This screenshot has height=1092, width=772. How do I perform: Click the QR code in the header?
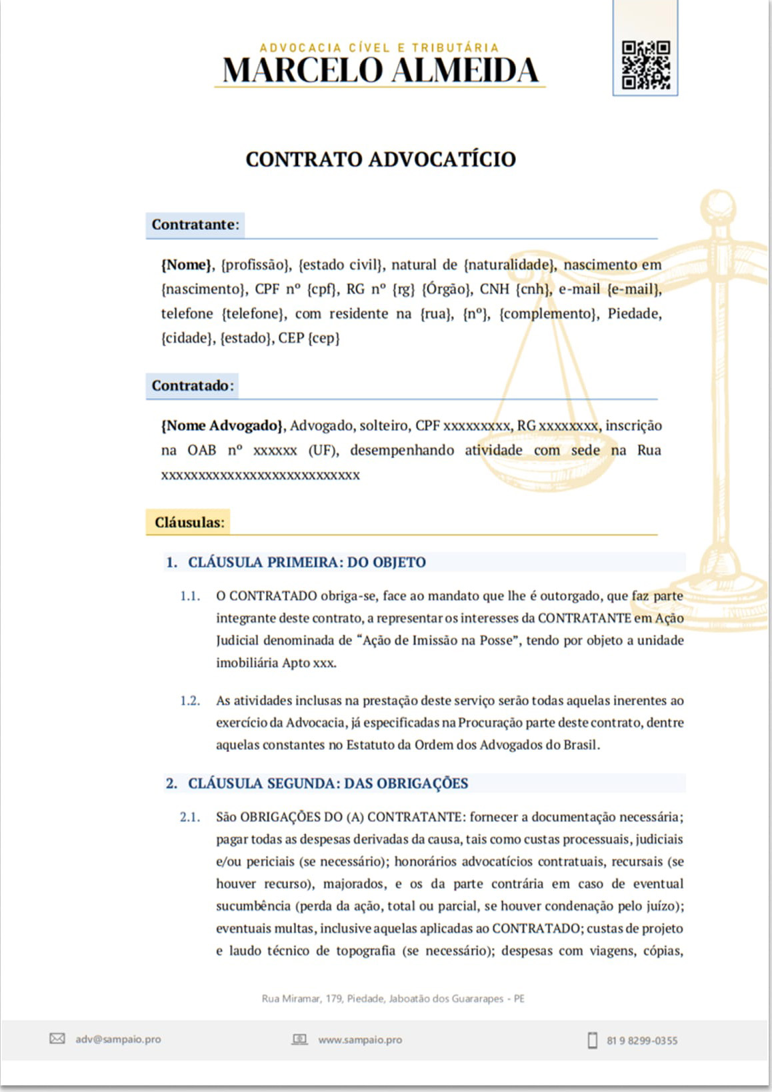[645, 65]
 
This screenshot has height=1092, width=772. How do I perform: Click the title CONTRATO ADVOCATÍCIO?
[381, 159]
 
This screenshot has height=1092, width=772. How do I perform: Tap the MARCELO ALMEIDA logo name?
[380, 71]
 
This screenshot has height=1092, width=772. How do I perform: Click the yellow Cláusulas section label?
[189, 522]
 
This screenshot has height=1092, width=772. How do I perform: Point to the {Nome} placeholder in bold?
[187, 265]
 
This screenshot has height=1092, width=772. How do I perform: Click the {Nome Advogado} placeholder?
[223, 425]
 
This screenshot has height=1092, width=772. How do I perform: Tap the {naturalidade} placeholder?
[510, 265]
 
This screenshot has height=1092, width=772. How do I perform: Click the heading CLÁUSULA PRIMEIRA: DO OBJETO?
[307, 562]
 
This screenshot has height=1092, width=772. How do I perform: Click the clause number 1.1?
[190, 596]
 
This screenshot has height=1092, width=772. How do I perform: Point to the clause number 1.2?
[190, 701]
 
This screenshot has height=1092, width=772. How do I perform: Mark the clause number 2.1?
[190, 817]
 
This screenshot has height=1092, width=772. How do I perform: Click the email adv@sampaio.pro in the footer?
[118, 1039]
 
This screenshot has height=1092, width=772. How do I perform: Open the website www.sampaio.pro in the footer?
[360, 1039]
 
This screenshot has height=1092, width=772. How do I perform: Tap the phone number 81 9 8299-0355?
[642, 1040]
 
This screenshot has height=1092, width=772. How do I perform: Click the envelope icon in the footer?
[57, 1039]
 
